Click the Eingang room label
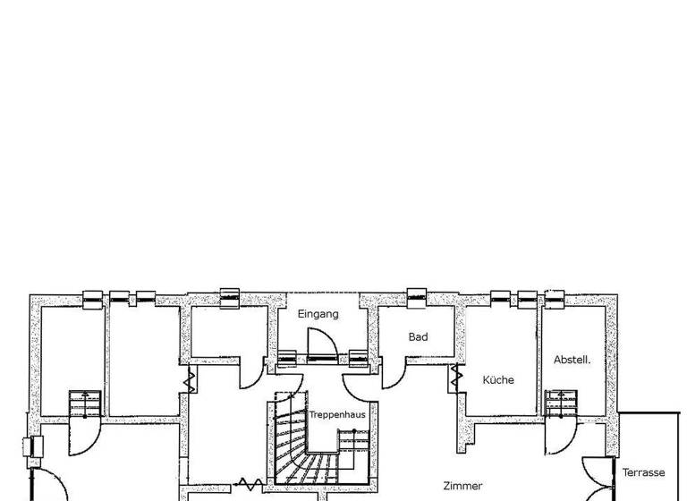(x=318, y=314)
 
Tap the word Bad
(x=418, y=337)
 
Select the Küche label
(x=498, y=379)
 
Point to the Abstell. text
(x=572, y=360)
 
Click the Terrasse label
(x=644, y=472)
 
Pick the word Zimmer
(x=462, y=486)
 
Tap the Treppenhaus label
(x=337, y=415)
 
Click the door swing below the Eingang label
(x=320, y=344)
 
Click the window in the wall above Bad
(x=416, y=296)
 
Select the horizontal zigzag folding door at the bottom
(x=250, y=485)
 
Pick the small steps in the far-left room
(x=84, y=404)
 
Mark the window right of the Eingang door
(x=358, y=358)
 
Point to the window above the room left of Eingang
(x=230, y=297)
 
